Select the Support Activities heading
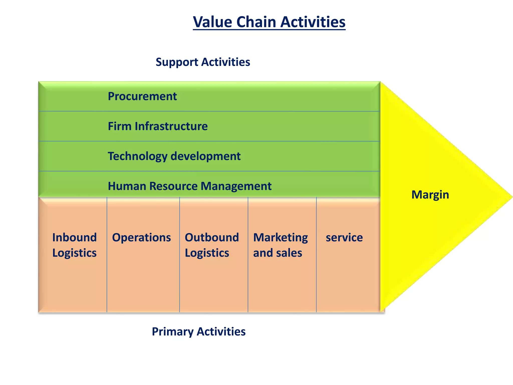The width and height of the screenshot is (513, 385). click(203, 62)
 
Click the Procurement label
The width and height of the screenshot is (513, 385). click(142, 96)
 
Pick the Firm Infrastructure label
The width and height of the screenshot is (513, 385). click(158, 126)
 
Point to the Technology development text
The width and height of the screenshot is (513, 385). click(174, 156)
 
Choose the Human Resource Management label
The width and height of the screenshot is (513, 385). click(190, 186)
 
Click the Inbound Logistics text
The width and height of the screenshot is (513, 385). click(74, 245)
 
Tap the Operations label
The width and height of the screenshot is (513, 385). click(141, 237)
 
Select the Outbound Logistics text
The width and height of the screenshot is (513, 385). click(212, 245)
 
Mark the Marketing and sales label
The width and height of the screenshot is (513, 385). click(280, 245)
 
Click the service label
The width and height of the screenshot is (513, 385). click(344, 237)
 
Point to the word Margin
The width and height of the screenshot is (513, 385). click(430, 195)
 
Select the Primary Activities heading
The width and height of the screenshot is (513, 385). click(199, 331)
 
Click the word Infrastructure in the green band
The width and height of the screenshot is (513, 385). click(171, 126)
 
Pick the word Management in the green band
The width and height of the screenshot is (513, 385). click(236, 186)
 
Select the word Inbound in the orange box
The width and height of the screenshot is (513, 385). click(74, 237)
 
